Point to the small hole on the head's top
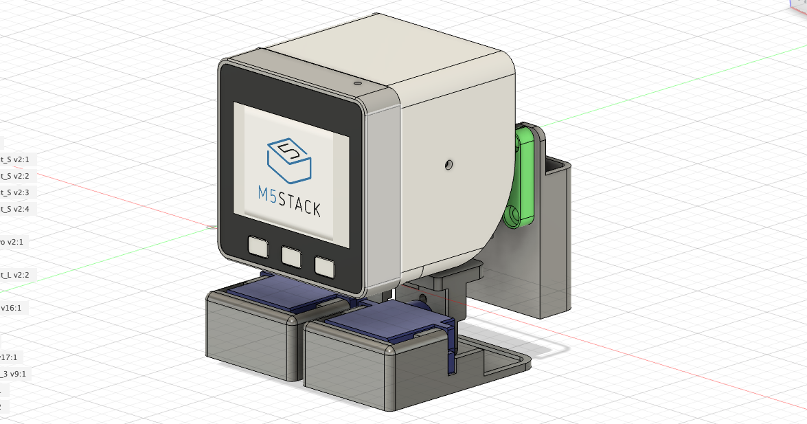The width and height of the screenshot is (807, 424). [357, 82]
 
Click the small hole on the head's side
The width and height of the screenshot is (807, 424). [448, 164]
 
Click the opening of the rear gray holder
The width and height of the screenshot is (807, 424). [558, 166]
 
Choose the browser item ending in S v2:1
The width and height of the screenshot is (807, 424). [14, 159]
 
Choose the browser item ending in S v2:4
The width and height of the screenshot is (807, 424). [14, 209]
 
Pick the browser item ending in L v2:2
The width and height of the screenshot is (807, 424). [14, 275]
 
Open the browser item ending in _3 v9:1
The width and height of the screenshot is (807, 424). [14, 374]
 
